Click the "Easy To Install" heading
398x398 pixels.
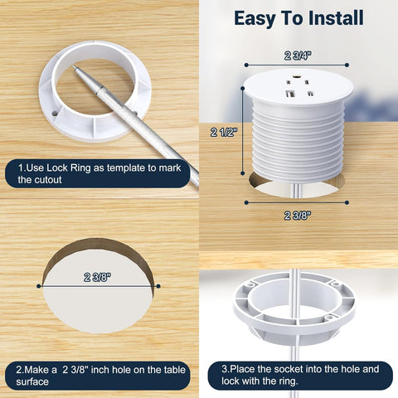click(298, 18)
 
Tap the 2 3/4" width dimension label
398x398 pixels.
click(298, 56)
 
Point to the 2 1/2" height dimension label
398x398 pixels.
click(224, 133)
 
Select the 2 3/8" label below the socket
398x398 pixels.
click(298, 216)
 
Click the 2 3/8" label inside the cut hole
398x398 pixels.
click(98, 277)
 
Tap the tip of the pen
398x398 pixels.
click(74, 66)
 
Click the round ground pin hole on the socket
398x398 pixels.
click(298, 75)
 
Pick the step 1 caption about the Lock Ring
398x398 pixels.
click(99, 173)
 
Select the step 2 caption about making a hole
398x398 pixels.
click(100, 376)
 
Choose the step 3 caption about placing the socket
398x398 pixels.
click(300, 375)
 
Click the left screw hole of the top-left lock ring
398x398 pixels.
click(55, 113)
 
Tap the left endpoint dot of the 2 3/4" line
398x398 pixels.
click(246, 65)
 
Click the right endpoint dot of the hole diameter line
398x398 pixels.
click(158, 286)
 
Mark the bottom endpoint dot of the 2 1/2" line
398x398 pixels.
click(243, 173)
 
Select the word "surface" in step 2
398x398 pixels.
click(32, 381)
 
